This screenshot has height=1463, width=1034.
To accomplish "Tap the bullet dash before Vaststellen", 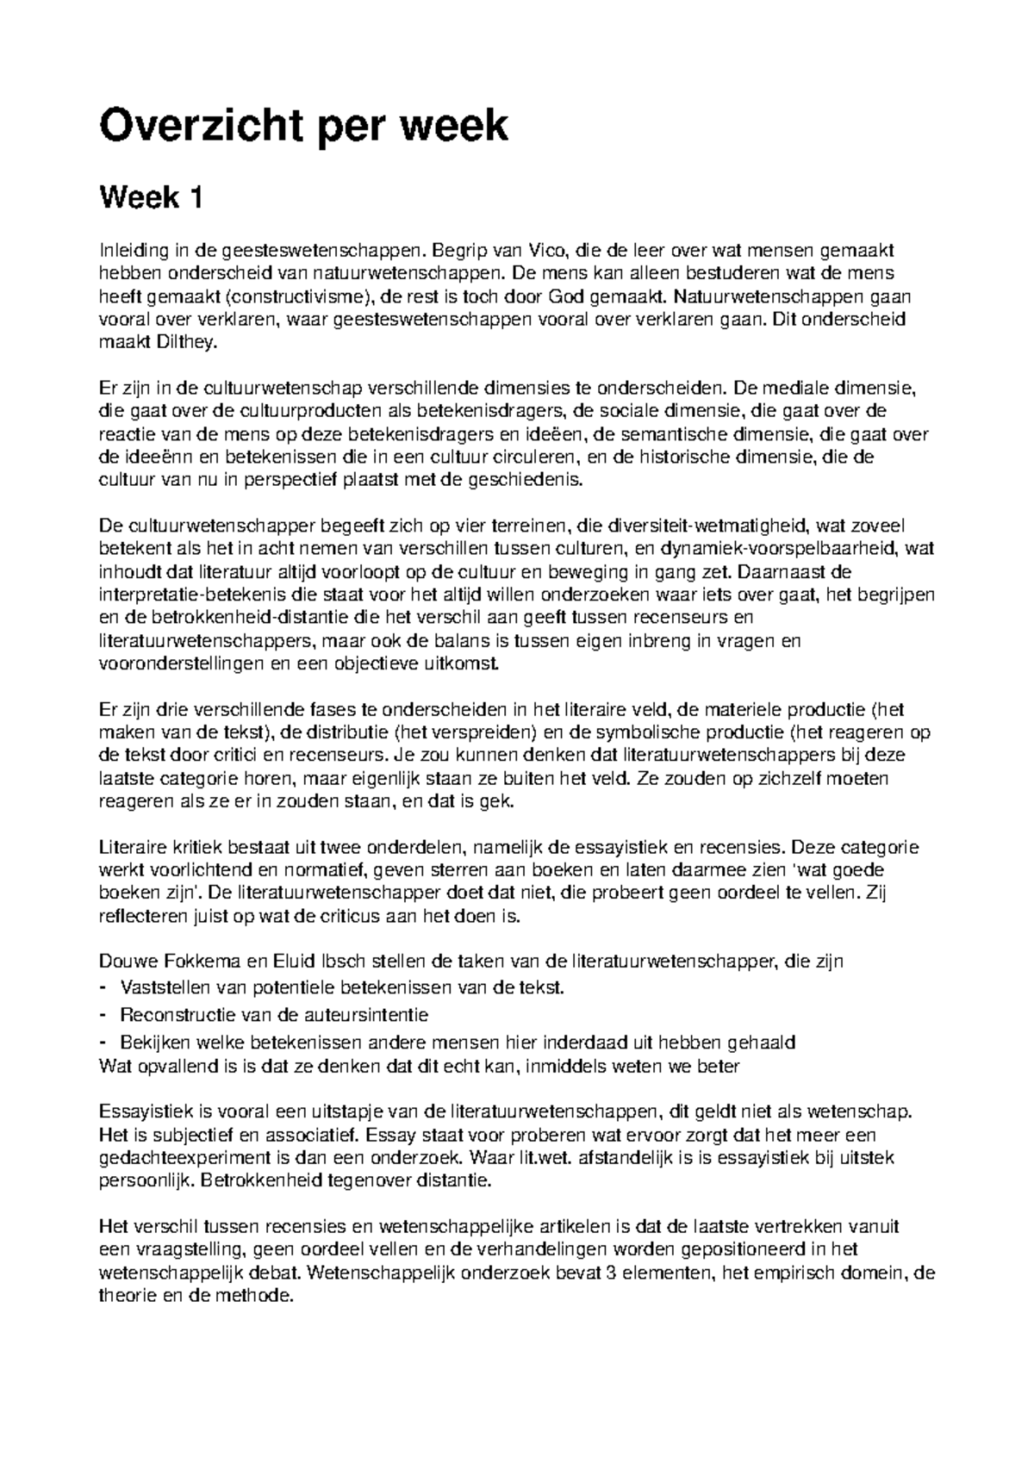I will tap(105, 986).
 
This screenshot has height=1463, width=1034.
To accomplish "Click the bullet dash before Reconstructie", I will tap(105, 1014).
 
